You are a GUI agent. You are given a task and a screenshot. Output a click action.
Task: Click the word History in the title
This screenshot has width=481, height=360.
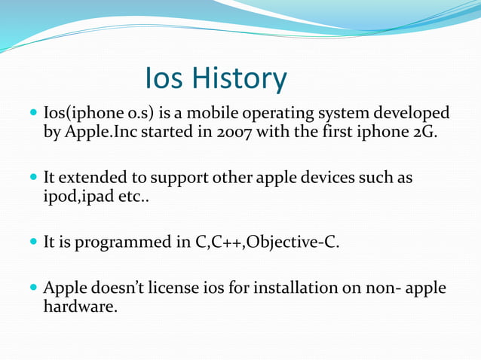pos(240,78)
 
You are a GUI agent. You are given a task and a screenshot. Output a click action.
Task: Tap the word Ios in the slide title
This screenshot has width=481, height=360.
pos(165,78)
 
